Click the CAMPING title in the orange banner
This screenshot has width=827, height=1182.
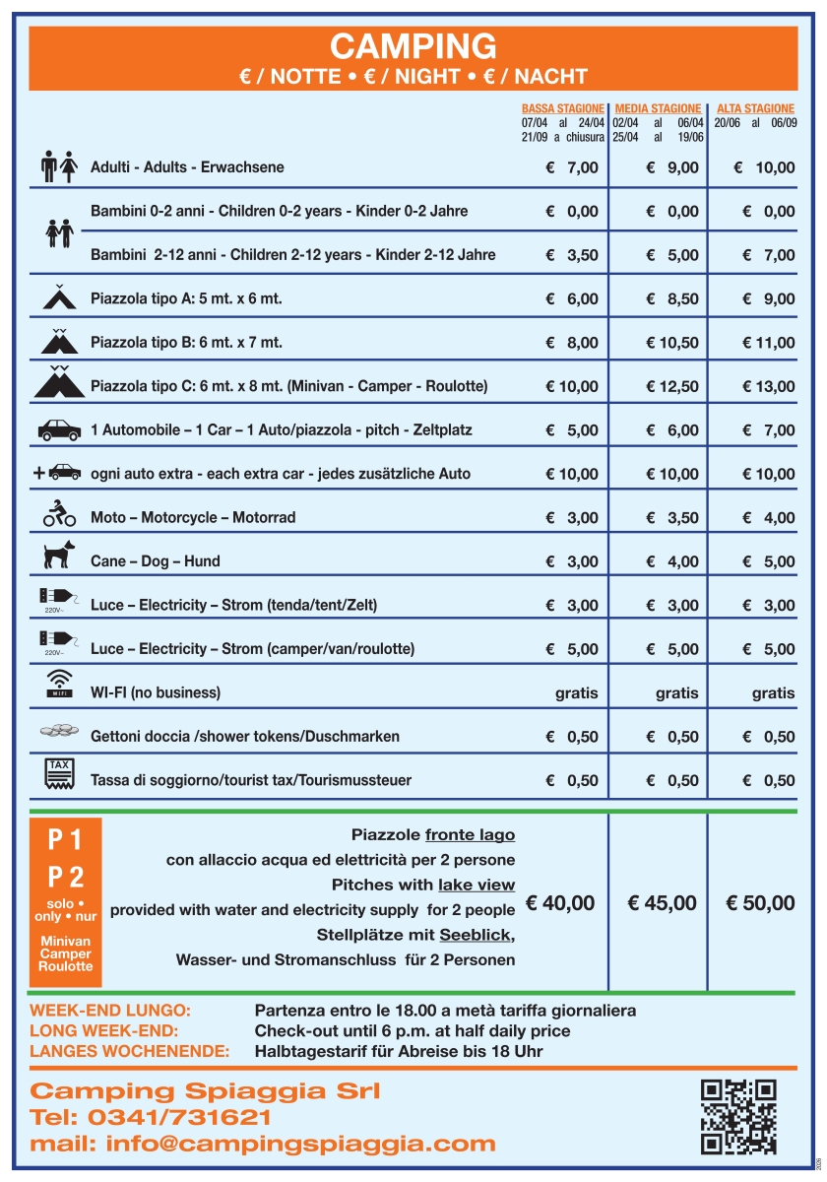point(413,46)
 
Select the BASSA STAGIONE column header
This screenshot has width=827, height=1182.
point(563,108)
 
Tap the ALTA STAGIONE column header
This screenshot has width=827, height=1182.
point(755,108)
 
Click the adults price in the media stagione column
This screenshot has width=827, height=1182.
point(672,167)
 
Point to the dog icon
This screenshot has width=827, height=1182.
point(59,556)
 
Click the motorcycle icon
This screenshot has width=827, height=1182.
point(59,513)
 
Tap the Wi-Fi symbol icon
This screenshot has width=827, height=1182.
point(60,683)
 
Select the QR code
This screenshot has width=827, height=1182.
point(738,1116)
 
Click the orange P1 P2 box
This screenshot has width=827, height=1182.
point(66,901)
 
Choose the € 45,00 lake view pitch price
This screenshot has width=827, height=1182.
point(662,903)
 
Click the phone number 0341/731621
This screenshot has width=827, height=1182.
point(180,1118)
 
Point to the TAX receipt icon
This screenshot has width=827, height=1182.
point(59,773)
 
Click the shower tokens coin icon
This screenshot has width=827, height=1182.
point(59,731)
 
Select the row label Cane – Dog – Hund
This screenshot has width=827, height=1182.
point(155,561)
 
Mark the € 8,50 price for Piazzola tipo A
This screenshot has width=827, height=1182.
point(672,299)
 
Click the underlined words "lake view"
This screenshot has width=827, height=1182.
point(477,885)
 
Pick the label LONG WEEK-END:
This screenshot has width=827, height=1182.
point(104,1030)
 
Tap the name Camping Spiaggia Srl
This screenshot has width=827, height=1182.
point(205,1091)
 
